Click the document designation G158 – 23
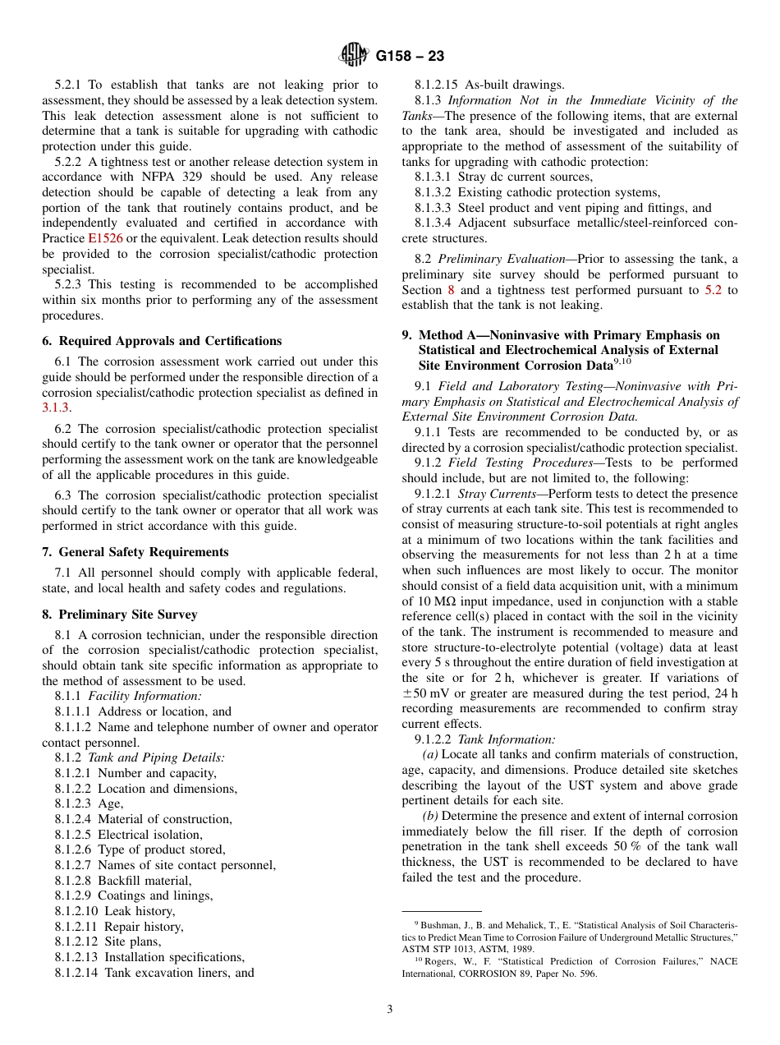coord(410,57)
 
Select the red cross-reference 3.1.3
coord(56,407)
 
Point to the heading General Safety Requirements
coord(144,552)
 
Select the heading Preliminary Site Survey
coord(127,615)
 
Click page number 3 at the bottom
coord(390,1010)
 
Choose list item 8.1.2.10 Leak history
coord(115,911)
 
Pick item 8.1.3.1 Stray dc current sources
coord(503,177)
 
